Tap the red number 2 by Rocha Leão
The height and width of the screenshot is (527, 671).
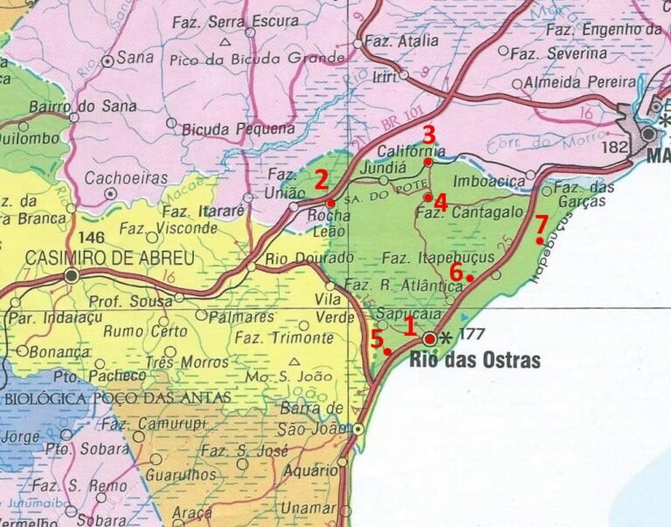coord(322,181)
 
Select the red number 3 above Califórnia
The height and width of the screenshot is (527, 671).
coord(428,135)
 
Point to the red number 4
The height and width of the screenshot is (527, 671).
coord(440,203)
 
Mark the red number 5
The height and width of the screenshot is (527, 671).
coord(377,339)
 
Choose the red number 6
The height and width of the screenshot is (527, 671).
coord(456,270)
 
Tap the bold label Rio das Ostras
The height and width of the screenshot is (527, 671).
coord(475,360)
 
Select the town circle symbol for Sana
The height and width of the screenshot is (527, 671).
coord(108,62)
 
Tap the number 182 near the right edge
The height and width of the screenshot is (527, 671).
coord(615,148)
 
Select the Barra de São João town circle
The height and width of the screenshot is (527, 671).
coord(358,429)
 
